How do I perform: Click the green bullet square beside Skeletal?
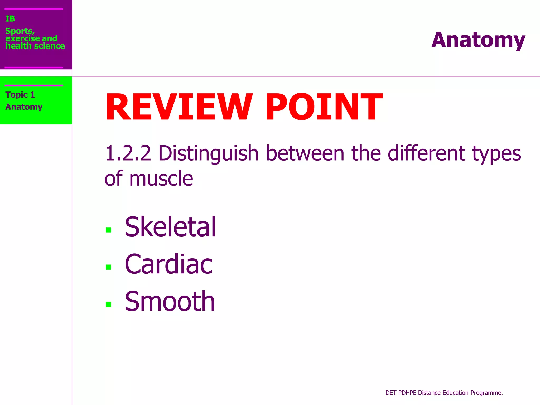[x=108, y=230]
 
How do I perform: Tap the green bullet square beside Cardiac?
[x=108, y=267]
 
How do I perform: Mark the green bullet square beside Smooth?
[x=108, y=305]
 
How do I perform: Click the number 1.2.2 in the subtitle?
[x=128, y=153]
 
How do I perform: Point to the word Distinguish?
[x=208, y=154]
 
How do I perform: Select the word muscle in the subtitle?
[x=161, y=179]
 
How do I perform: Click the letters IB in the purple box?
[x=10, y=19]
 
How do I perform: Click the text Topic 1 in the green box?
[x=20, y=95]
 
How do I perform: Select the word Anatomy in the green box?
[x=24, y=107]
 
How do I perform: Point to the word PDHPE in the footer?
[x=407, y=393]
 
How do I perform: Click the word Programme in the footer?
[x=486, y=393]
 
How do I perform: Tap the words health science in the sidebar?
[x=35, y=46]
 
